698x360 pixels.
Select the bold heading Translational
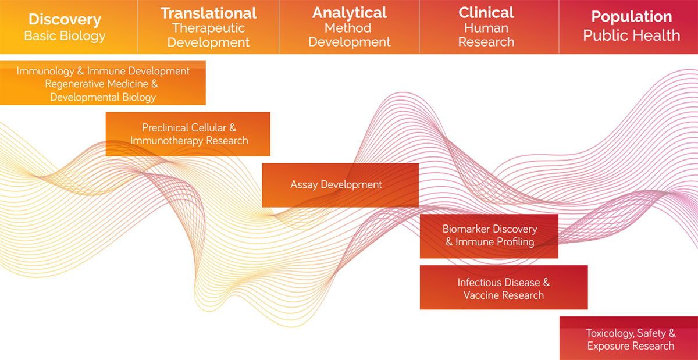click(208, 13)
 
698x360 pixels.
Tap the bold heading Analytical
click(349, 13)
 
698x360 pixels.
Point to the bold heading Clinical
click(486, 13)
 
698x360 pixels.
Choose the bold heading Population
click(631, 16)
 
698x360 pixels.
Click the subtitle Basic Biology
click(65, 36)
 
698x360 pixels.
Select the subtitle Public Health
click(631, 35)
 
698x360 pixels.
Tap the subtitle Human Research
click(486, 35)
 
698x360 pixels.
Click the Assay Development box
click(340, 185)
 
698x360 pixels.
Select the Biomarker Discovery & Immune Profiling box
click(489, 236)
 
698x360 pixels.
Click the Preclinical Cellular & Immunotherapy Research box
click(188, 134)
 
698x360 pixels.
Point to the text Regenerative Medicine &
click(102, 84)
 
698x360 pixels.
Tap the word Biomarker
click(466, 229)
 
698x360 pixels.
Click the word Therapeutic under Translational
click(208, 28)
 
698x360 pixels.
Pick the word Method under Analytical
click(349, 28)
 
